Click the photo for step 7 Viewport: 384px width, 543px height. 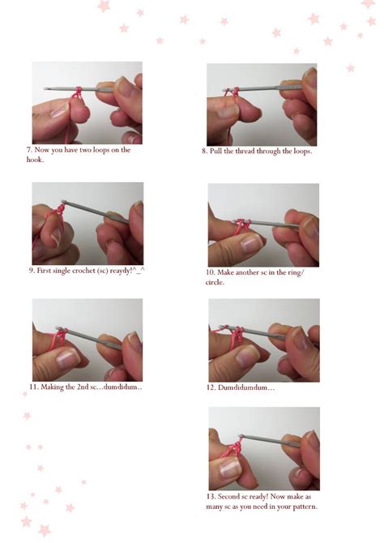click(87, 103)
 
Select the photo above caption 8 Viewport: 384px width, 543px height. click(261, 104)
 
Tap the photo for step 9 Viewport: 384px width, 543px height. click(87, 223)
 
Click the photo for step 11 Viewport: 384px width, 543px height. click(87, 340)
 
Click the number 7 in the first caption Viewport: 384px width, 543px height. click(28, 150)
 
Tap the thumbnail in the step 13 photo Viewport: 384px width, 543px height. click(230, 465)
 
